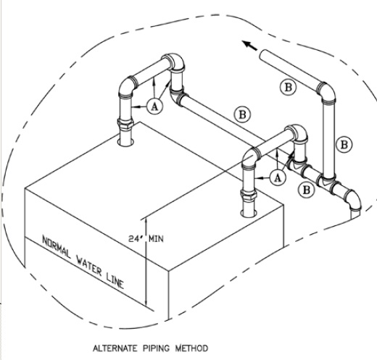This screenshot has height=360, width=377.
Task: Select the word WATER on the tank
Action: pyautogui.click(x=91, y=263)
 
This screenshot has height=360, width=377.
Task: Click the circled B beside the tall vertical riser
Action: pyautogui.click(x=344, y=144)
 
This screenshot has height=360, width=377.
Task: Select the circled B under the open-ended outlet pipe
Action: pyautogui.click(x=289, y=86)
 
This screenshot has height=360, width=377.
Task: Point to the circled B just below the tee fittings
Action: pyautogui.click(x=307, y=190)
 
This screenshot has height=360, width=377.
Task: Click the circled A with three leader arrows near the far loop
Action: pyautogui.click(x=154, y=106)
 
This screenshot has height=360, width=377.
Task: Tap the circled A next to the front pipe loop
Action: pyautogui.click(x=277, y=176)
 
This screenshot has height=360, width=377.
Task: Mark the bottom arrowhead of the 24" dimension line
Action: pyautogui.click(x=147, y=304)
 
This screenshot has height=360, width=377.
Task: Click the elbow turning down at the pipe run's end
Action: pyautogui.click(x=352, y=198)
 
